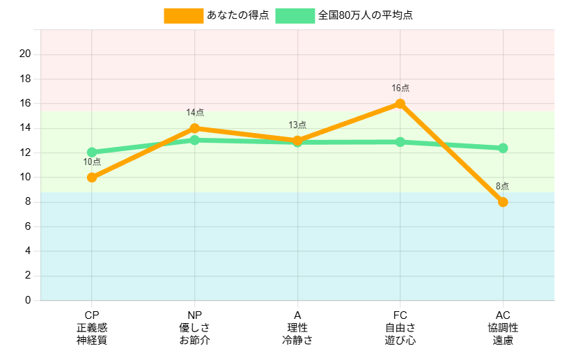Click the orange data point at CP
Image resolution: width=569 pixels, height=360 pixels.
pyautogui.click(x=92, y=178)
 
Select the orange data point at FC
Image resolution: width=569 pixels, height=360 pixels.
pyautogui.click(x=400, y=104)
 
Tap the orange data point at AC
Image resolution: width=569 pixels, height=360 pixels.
pyautogui.click(x=503, y=202)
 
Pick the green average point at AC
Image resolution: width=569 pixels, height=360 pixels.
pyautogui.click(x=503, y=148)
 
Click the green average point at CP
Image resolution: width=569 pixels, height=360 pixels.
pyautogui.click(x=92, y=152)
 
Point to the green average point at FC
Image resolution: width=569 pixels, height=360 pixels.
pyautogui.click(x=400, y=142)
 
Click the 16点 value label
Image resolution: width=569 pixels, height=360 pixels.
pyautogui.click(x=400, y=88)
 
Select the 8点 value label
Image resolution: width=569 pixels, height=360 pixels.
pyautogui.click(x=503, y=187)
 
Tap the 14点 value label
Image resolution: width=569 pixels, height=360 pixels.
pyautogui.click(x=195, y=113)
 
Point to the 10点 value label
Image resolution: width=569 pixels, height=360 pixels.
pyautogui.click(x=92, y=162)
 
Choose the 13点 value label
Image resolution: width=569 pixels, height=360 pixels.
pyautogui.click(x=297, y=125)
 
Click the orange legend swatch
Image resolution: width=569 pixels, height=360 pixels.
pyautogui.click(x=183, y=15)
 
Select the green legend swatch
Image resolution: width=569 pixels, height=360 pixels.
pyautogui.click(x=295, y=15)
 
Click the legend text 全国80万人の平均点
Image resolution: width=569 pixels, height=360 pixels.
pyautogui.click(x=365, y=15)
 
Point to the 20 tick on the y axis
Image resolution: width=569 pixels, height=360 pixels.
pyautogui.click(x=25, y=54)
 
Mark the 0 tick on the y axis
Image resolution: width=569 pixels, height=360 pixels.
pyautogui.click(x=28, y=300)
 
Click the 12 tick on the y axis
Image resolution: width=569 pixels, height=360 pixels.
pyautogui.click(x=25, y=152)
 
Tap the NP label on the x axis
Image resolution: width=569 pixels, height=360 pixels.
pyautogui.click(x=195, y=315)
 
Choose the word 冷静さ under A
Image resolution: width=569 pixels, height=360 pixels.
pyautogui.click(x=297, y=341)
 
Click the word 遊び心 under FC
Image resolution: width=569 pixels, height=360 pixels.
pyautogui.click(x=400, y=341)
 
